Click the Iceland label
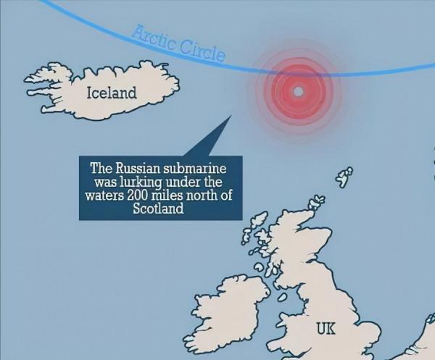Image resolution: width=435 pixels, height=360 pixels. (x=111, y=93)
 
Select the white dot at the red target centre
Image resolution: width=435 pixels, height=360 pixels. (x=298, y=92)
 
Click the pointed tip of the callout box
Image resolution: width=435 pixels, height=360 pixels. (x=229, y=114)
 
